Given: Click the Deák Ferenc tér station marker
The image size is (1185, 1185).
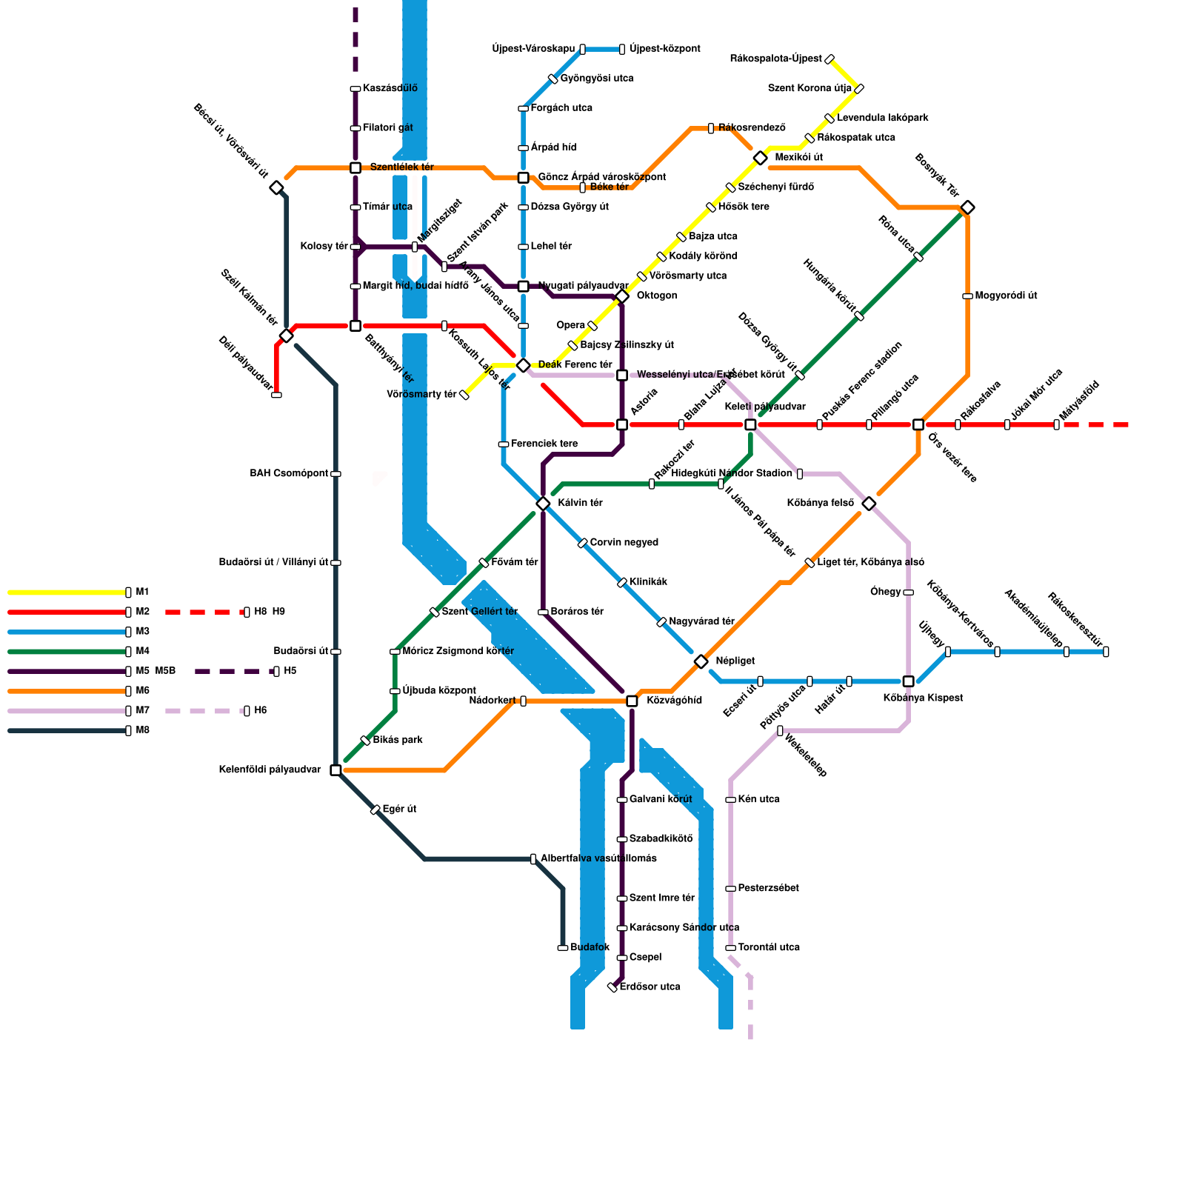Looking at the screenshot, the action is pos(523,365).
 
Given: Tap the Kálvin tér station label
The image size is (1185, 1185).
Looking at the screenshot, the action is pos(580,503).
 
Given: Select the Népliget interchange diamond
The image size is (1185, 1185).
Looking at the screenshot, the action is pos(701,661).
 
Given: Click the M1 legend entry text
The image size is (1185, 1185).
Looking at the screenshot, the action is pos(142,592).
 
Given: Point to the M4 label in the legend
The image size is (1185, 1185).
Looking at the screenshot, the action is pos(142,651).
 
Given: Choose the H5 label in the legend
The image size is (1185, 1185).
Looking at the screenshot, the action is pos(290,671).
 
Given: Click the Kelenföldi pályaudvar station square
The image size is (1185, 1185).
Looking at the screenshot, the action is pos(336,770).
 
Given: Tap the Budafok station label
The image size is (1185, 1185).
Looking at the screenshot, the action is pos(590,947).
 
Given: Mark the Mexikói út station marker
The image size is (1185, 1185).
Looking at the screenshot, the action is pos(760,158).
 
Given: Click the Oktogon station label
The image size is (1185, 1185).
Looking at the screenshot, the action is pos(657,296).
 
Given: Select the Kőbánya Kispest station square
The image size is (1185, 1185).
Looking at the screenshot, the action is pos(908,681).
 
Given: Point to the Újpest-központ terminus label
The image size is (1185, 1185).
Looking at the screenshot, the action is pos(665,49).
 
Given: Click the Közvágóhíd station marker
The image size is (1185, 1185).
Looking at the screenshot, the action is pos(632,701).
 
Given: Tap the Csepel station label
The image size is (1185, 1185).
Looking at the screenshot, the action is pos(645,957).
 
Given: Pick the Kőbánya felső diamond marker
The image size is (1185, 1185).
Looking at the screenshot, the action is pos(869,504).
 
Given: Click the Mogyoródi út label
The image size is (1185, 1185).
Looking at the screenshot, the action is pos(1006,296).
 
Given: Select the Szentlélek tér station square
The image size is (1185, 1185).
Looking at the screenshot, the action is pos(355,167).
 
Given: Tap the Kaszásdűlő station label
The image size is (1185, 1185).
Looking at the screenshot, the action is pos(390,88).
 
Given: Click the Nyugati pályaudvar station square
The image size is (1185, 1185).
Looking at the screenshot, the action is pos(523,287).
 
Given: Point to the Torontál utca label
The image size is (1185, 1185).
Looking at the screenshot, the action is pos(769,947).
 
